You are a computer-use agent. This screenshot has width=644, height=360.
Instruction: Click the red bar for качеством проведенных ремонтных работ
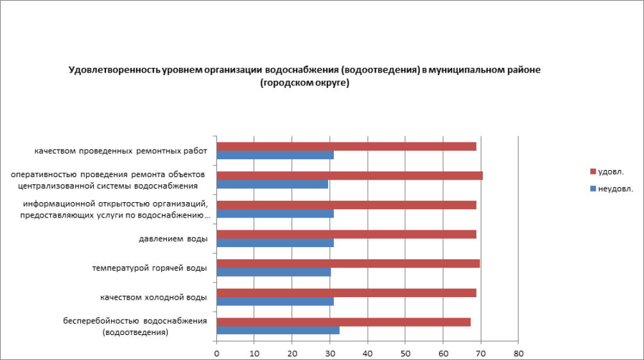(x=347, y=146)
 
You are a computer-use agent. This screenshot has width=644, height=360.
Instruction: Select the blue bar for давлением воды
(x=275, y=243)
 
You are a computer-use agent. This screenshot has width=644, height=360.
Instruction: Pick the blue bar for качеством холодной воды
(x=275, y=301)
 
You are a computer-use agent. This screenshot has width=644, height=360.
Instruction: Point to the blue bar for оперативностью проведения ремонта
(x=272, y=184)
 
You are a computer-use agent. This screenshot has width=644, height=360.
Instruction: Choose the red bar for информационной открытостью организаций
(x=347, y=205)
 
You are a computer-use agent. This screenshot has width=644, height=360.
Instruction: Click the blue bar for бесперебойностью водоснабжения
(x=278, y=330)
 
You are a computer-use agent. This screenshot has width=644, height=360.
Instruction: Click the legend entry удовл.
(x=611, y=171)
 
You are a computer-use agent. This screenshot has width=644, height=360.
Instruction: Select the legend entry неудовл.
(x=615, y=188)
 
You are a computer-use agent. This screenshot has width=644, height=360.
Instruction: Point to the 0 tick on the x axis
(x=217, y=353)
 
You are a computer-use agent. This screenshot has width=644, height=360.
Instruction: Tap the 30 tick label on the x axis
(x=330, y=353)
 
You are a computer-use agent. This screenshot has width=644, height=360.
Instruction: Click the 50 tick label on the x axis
(x=405, y=353)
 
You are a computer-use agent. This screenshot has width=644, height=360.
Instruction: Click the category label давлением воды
(x=173, y=239)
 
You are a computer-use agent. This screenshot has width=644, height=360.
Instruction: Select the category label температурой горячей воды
(x=150, y=268)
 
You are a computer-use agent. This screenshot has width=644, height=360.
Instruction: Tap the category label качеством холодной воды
(x=153, y=297)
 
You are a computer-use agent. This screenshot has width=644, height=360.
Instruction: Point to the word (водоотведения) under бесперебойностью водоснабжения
(x=135, y=332)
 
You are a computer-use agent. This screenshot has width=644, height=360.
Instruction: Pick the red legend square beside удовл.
(x=593, y=171)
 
